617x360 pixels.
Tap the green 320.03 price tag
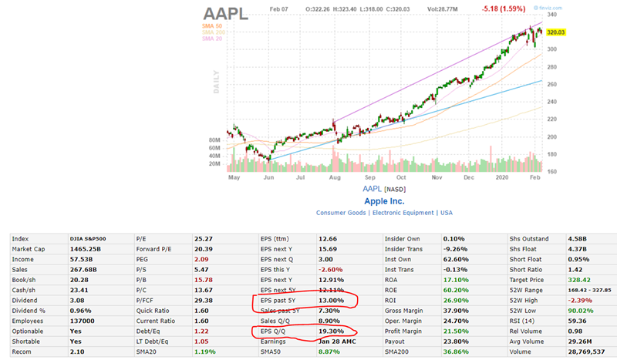pyautogui.click(x=555, y=32)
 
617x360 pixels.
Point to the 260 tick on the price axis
pyautogui.click(x=552, y=84)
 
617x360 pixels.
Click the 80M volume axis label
pyautogui.click(x=215, y=140)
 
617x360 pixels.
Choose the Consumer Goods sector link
pyautogui.click(x=341, y=213)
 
